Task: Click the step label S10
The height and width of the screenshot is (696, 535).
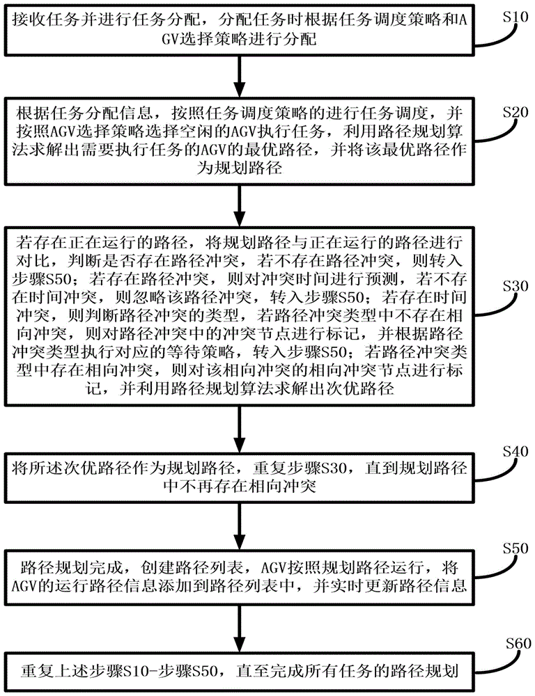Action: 515,17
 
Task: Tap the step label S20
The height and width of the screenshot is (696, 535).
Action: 515,112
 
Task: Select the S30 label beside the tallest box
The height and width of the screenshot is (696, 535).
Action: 515,286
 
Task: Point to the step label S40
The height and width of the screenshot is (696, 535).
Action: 515,452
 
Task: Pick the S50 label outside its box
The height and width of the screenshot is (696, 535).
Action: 515,548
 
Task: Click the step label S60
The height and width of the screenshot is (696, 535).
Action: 518,644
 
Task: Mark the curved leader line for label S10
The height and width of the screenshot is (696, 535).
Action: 497,35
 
